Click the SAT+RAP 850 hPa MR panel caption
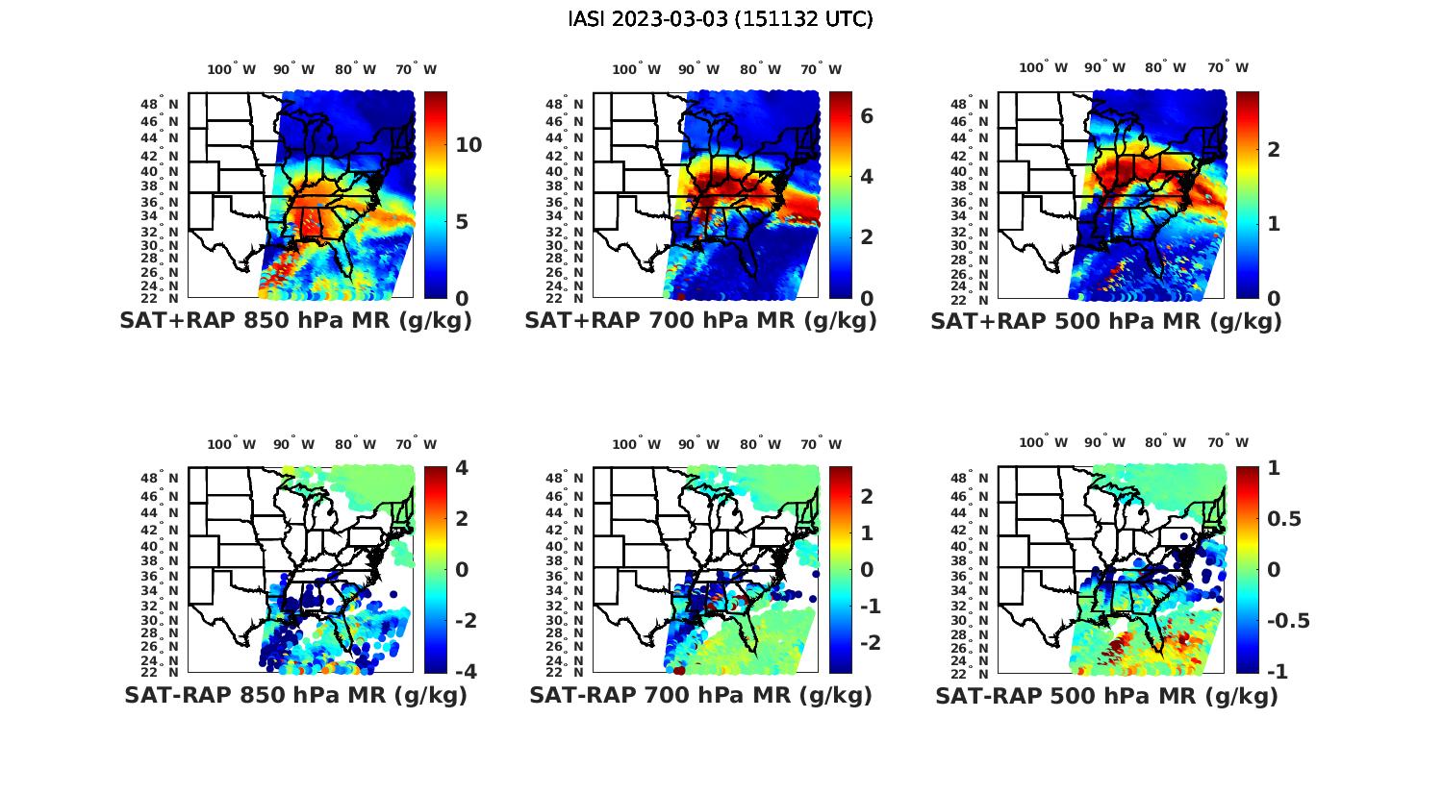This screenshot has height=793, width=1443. click(x=295, y=321)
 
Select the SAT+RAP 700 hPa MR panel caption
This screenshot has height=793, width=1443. click(x=700, y=321)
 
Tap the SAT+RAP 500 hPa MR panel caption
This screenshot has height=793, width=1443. click(x=1105, y=321)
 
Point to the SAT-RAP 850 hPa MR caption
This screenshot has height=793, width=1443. click(x=295, y=695)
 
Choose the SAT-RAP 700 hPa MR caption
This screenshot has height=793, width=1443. click(x=700, y=695)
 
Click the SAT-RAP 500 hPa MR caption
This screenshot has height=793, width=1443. click(x=1106, y=696)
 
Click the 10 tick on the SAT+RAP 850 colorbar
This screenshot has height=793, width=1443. click(x=469, y=145)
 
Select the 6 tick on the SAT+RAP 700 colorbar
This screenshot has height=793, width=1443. click(x=867, y=115)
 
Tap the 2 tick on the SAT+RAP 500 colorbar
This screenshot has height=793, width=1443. click(x=1274, y=149)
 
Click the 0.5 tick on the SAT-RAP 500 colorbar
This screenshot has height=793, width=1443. click(x=1284, y=519)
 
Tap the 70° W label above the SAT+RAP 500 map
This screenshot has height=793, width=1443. click(x=1228, y=67)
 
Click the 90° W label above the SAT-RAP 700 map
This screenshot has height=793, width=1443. click(x=698, y=444)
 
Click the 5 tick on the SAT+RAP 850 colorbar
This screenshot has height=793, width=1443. click(x=461, y=222)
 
